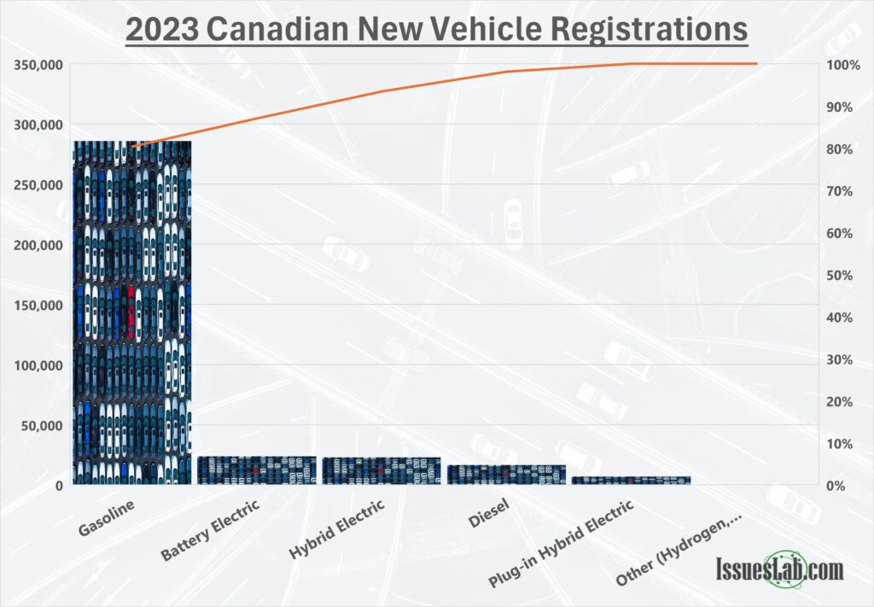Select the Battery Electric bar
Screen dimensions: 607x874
point(256,470)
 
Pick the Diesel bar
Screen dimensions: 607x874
point(506,474)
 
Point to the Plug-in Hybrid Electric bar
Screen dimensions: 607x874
point(631,480)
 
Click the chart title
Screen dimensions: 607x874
point(436,30)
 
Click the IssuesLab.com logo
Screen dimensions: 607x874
point(778,569)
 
